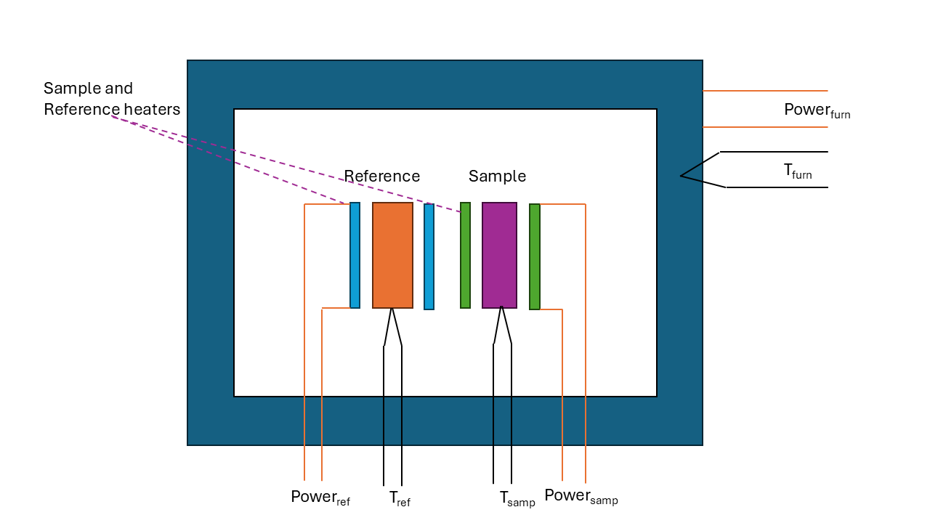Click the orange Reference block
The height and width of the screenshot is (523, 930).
click(392, 255)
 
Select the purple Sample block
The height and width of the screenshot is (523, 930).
click(499, 255)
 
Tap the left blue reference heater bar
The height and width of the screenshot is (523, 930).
click(355, 255)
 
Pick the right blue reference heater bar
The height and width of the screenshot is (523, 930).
click(429, 256)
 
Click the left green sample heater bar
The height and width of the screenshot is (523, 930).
click(465, 255)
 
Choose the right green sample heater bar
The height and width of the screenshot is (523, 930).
click(534, 256)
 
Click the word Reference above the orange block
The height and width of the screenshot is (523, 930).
click(381, 177)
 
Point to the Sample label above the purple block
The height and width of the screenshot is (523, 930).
click(497, 177)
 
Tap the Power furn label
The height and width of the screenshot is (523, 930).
click(817, 110)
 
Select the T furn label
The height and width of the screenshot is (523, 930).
click(797, 171)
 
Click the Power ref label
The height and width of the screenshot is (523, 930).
click(320, 498)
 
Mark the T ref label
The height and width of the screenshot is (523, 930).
click(400, 498)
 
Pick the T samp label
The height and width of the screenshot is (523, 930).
click(517, 498)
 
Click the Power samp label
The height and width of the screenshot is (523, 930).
click(581, 496)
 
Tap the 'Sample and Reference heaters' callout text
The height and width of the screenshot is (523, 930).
click(111, 99)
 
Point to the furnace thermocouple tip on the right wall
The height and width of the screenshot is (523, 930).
click(682, 176)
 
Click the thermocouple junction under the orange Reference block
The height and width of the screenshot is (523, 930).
click(392, 310)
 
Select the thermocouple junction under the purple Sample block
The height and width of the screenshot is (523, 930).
click(502, 309)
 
